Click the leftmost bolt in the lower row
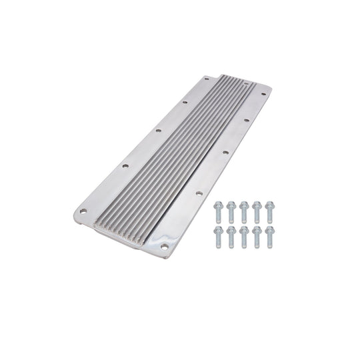tap(218, 236)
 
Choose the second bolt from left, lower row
tap(231, 236)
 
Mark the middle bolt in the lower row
tap(244, 236)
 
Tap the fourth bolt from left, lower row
tap(257, 236)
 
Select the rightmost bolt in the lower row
tap(269, 236)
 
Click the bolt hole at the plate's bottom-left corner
tap(83, 211)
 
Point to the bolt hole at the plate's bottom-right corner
tap(165, 245)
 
